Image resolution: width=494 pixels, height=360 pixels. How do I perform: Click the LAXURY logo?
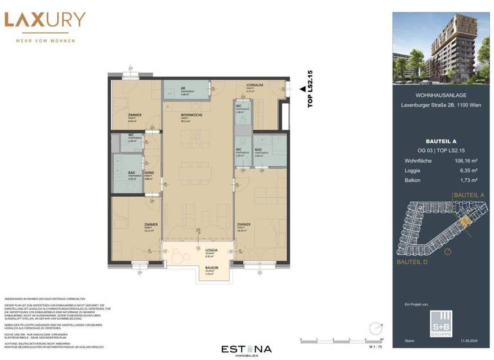44,20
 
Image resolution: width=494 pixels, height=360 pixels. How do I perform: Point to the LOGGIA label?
212,249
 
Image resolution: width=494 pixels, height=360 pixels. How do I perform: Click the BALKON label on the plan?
212,268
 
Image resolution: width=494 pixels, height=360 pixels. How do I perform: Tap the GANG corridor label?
148,174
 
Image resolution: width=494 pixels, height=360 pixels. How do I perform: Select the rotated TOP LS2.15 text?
310,89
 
